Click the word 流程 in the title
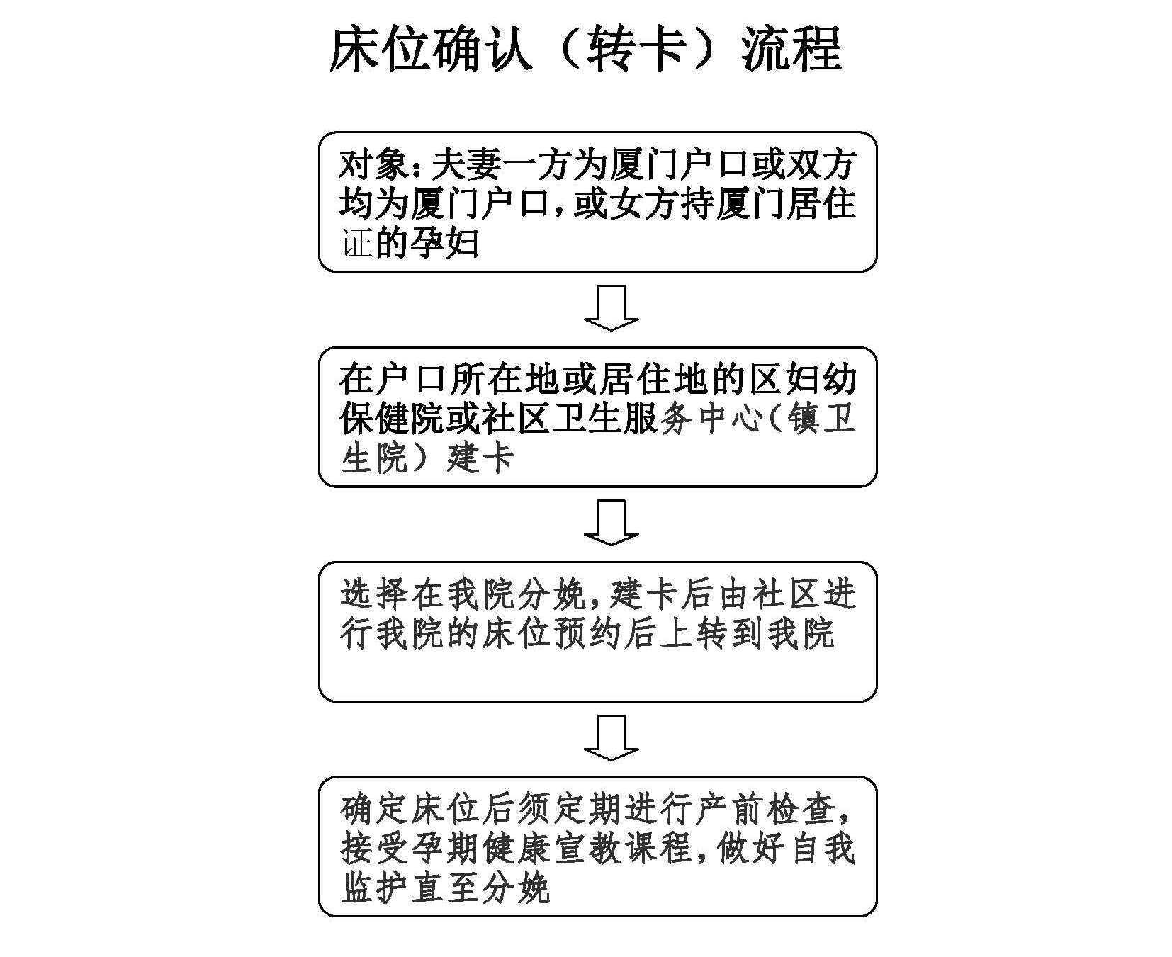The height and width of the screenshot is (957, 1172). pos(791,49)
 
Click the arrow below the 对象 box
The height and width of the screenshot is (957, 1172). pos(611,308)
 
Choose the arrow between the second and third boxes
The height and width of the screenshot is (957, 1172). pos(611,523)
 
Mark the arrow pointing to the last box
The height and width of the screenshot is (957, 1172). pos(611,737)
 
